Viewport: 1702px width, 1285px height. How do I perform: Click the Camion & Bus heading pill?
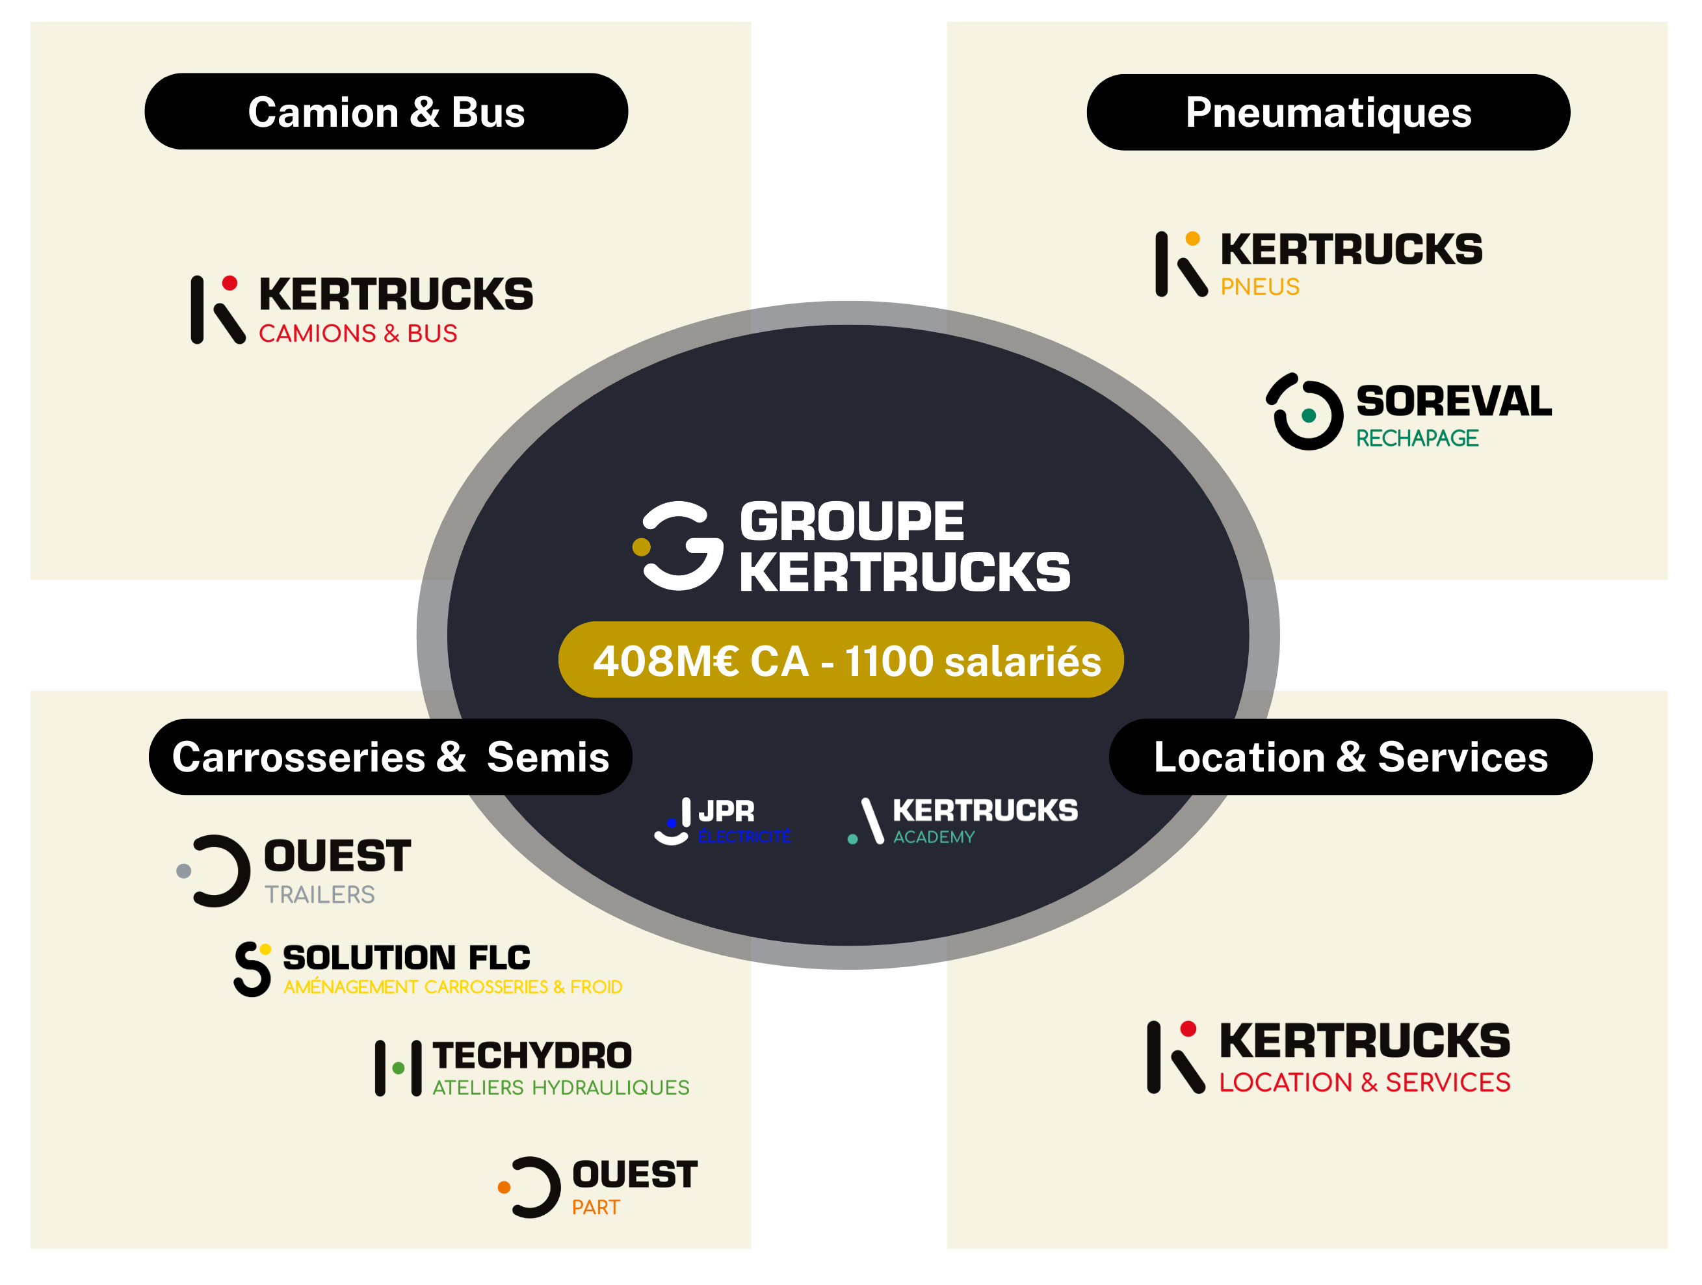pyautogui.click(x=386, y=112)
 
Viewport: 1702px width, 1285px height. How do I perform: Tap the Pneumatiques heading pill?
pyautogui.click(x=1328, y=112)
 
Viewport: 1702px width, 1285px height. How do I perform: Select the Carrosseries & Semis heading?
pyautogui.click(x=390, y=757)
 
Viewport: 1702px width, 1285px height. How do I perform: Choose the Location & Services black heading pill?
pyautogui.click(x=1350, y=757)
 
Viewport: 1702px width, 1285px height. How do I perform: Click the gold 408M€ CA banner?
pyautogui.click(x=841, y=660)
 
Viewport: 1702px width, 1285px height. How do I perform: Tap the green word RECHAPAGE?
pyautogui.click(x=1417, y=439)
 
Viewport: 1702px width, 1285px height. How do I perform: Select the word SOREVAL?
pyautogui.click(x=1454, y=402)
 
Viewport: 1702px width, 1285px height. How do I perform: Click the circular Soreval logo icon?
pyautogui.click(x=1305, y=413)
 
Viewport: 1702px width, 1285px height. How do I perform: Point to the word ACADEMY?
pyautogui.click(x=934, y=837)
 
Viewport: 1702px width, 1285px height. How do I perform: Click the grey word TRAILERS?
pyautogui.click(x=319, y=895)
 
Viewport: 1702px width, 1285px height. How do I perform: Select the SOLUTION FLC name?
pyautogui.click(x=406, y=958)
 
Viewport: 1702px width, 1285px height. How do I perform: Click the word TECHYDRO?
pyautogui.click(x=532, y=1056)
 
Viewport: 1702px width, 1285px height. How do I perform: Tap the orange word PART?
pyautogui.click(x=596, y=1207)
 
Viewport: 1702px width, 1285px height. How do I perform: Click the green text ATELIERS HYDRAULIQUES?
pyautogui.click(x=560, y=1088)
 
